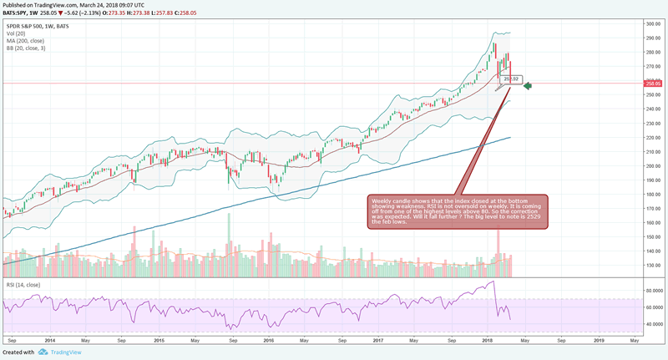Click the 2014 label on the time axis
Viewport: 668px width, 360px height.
(49, 341)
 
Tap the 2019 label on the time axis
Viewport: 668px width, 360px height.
(600, 341)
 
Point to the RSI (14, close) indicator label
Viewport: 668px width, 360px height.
(23, 286)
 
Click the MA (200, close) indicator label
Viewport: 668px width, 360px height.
(27, 38)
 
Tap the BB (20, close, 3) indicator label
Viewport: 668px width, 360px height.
(27, 47)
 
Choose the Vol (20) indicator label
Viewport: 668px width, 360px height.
(17, 31)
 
